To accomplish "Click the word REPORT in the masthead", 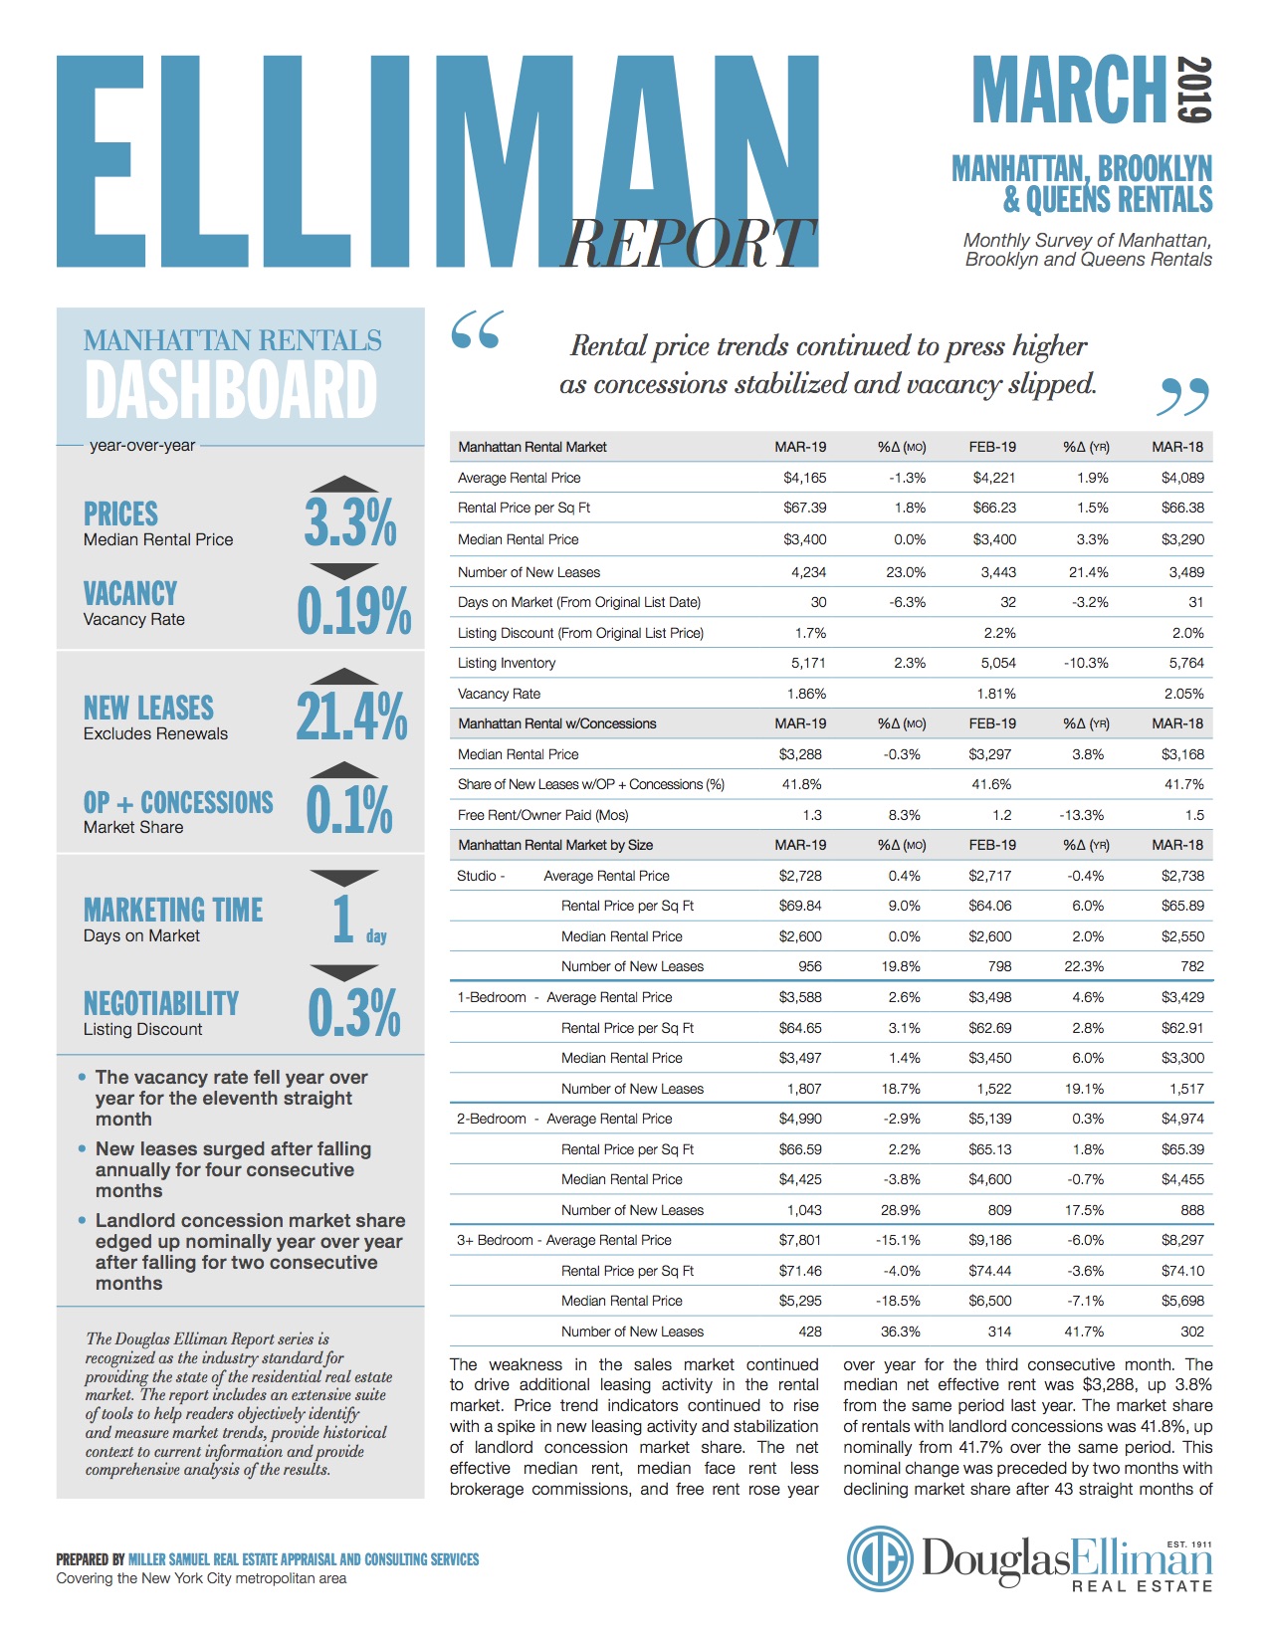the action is (688, 243).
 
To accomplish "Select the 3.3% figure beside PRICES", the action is (350, 521).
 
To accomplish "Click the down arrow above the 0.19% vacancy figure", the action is (344, 571).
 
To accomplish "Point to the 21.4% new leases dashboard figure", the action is (351, 716).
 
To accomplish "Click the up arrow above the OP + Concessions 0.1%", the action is (344, 769).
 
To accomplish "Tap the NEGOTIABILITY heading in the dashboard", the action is (161, 1003).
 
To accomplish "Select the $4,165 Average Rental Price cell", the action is (804, 478).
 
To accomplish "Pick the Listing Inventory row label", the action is (507, 663).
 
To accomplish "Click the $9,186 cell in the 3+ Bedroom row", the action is (989, 1240).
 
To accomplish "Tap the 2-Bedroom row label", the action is (492, 1119).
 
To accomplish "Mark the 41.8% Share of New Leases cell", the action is (801, 784).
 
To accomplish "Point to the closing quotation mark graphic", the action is (1182, 397).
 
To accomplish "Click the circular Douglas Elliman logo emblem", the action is (879, 1558).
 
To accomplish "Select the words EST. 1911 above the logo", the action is (1189, 1544).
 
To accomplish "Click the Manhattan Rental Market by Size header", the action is (555, 845).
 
